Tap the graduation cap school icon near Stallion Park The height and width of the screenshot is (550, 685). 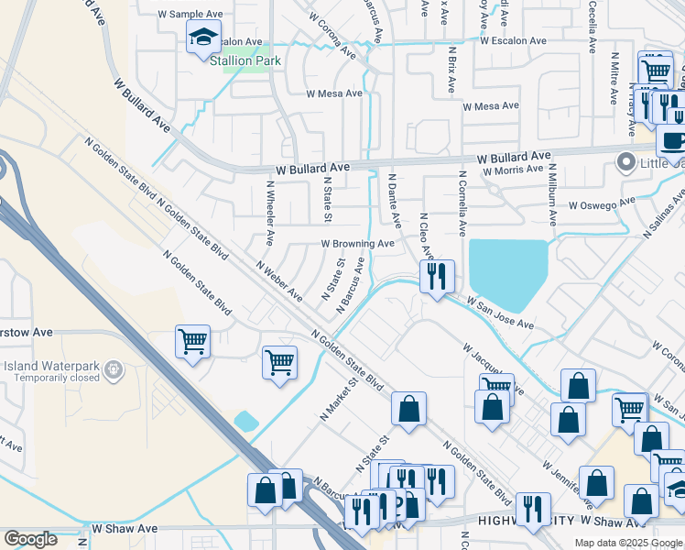coord(203,39)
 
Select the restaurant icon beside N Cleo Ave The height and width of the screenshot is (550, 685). coord(437,275)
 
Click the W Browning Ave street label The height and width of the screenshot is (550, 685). coord(357,244)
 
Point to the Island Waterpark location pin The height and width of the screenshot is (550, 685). coord(114,369)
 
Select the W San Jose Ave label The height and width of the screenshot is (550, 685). coord(500,313)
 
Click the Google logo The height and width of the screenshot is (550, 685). coord(31,539)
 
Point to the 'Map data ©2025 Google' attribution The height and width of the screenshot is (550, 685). coord(627,543)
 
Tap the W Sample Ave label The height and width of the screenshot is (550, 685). coord(190,15)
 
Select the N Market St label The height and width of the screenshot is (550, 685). coord(336,400)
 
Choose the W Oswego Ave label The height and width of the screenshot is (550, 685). coord(602,204)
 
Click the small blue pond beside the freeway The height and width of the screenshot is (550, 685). coord(245,421)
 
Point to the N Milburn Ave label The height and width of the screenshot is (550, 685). coord(552,194)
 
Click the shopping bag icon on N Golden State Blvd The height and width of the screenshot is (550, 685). coord(408,409)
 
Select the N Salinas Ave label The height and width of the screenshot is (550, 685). coord(665,212)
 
